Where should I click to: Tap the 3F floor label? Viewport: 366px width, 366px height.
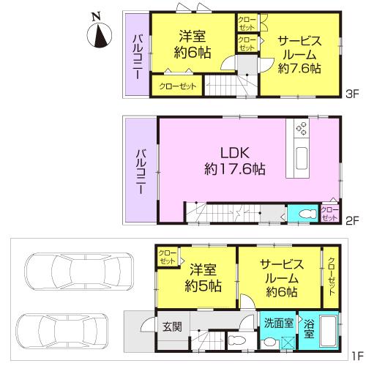point(353,94)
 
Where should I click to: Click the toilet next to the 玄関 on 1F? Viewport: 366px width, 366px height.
point(235,342)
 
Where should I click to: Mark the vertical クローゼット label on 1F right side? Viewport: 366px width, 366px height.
point(331,274)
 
